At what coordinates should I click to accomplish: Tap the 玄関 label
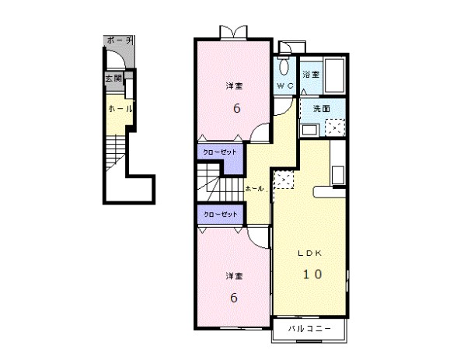(x=112, y=79)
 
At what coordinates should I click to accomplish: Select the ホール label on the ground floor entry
(x=119, y=110)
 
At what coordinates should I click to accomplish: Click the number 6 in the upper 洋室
(x=235, y=108)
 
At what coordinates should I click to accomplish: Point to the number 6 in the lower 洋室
(x=233, y=298)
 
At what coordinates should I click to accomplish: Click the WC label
(x=284, y=86)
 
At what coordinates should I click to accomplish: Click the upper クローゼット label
(x=220, y=152)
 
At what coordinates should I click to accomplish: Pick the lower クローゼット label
(x=220, y=213)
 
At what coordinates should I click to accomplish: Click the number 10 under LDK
(x=312, y=274)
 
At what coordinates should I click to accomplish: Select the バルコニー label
(x=310, y=330)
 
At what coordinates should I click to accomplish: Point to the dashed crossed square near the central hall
(x=283, y=180)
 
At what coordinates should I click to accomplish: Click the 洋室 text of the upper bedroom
(x=234, y=85)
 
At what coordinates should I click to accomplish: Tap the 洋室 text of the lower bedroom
(x=233, y=276)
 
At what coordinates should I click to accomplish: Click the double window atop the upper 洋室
(x=234, y=32)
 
